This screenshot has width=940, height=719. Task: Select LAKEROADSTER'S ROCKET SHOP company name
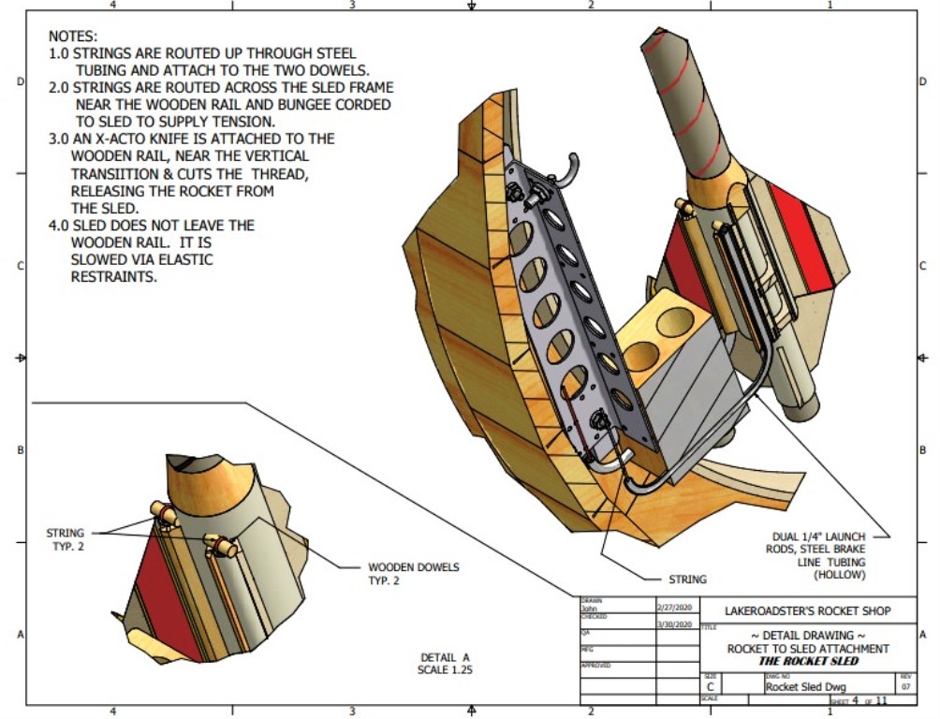pos(808,611)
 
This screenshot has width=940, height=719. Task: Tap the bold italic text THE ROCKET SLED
pos(807,660)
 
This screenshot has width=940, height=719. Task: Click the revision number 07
pos(904,686)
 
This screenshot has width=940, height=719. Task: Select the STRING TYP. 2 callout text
pos(65,539)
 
